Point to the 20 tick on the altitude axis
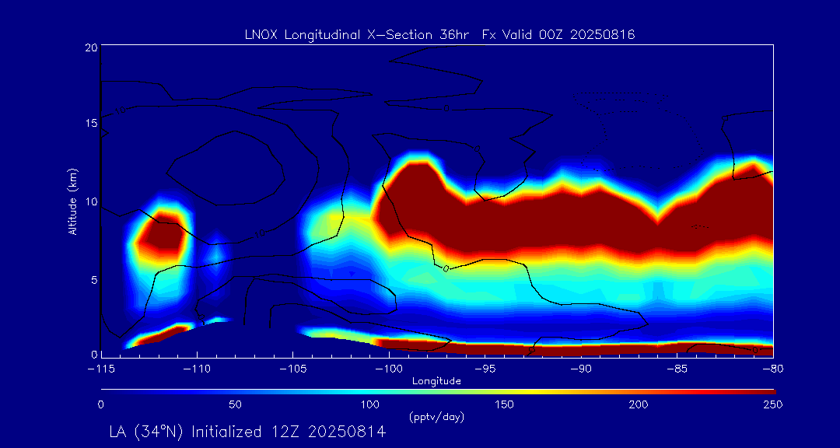(x=91, y=47)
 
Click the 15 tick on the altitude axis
(x=91, y=124)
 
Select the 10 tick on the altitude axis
(x=91, y=201)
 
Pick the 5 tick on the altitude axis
(x=93, y=278)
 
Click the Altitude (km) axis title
(x=72, y=201)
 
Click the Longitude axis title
(x=436, y=380)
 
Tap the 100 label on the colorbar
(x=370, y=404)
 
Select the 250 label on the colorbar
(x=772, y=404)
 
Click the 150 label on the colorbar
(x=505, y=404)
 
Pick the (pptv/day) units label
(x=436, y=417)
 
